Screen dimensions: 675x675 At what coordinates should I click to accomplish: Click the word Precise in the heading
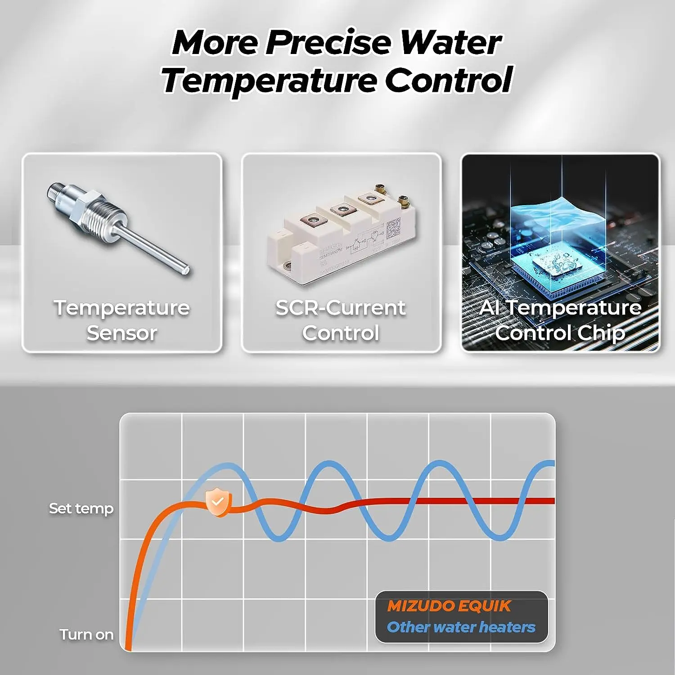(x=328, y=43)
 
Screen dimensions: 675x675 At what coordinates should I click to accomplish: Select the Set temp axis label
(x=81, y=508)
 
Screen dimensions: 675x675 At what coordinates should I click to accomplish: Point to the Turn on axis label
(x=86, y=634)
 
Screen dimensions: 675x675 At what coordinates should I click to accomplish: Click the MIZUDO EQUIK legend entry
(x=449, y=606)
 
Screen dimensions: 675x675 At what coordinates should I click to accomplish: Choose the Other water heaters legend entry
(x=461, y=627)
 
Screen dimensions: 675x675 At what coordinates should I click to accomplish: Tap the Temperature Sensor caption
(x=121, y=320)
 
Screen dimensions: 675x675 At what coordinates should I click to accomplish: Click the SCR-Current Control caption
(x=341, y=320)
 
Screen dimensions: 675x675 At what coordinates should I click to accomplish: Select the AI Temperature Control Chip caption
(x=560, y=320)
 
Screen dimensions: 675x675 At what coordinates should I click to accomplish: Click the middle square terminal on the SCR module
(x=341, y=209)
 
